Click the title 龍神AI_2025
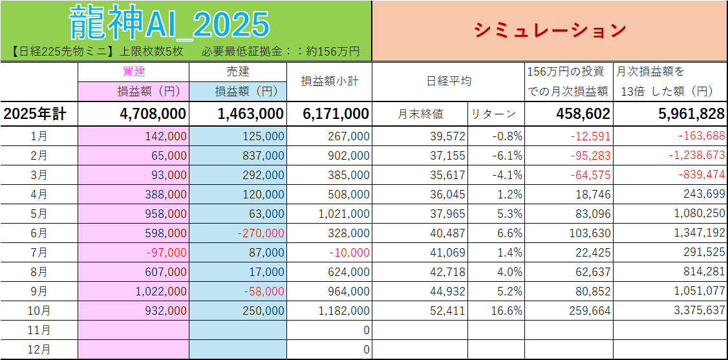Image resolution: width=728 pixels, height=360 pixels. coord(169,24)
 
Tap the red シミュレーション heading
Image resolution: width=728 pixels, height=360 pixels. coord(550,30)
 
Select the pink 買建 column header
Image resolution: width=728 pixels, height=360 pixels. coord(133,72)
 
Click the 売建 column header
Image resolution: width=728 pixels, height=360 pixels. coord(238,72)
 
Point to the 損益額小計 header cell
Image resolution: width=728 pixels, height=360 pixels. coord(330,81)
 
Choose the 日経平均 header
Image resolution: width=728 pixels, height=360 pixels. coord(449,81)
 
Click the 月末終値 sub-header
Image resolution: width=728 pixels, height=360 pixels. coord(420,114)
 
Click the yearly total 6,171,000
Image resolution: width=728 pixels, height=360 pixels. coord(336,114)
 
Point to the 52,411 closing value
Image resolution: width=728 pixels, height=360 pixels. coord(447,311)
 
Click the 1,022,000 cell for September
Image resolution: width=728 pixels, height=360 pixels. coord(161,291)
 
